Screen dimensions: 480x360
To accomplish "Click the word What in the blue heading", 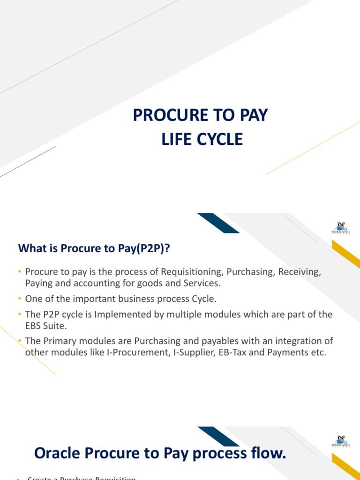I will (32, 249).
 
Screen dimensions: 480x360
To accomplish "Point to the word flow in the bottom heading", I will (268, 453).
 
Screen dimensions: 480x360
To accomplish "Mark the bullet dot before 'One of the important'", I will (20, 299).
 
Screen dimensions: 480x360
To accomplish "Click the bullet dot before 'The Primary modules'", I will (20, 341).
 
